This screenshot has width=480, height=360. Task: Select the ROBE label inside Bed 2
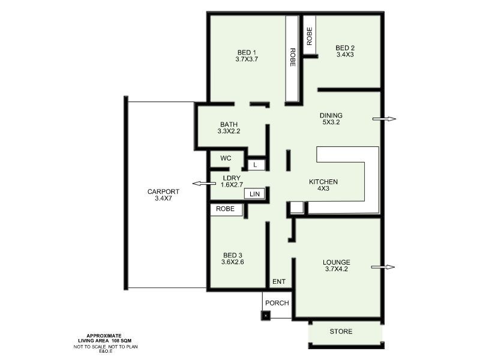[310, 37]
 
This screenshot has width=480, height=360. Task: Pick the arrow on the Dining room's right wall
[384, 119]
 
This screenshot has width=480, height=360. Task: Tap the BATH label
[229, 124]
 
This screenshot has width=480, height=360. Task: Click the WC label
[226, 158]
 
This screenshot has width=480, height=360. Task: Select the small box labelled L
[256, 164]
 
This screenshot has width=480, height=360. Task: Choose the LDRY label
[231, 178]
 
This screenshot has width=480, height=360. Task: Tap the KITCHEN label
[323, 182]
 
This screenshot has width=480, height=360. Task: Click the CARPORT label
[160, 192]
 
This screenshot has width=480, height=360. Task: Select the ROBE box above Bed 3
[226, 210]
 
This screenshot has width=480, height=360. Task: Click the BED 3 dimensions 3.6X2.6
[233, 262]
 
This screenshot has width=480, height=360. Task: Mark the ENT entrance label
[279, 282]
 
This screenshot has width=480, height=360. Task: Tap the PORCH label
[277, 302]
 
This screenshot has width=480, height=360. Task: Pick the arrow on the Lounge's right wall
[384, 267]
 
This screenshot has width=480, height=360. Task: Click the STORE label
[341, 332]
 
